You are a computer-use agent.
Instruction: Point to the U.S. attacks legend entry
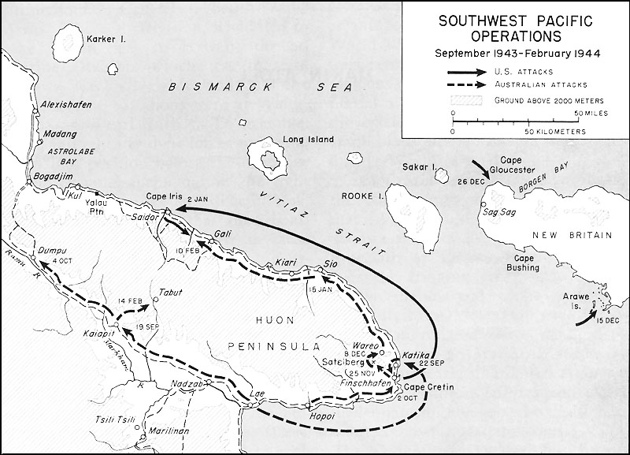517,71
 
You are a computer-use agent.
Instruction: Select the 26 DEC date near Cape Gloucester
470,181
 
